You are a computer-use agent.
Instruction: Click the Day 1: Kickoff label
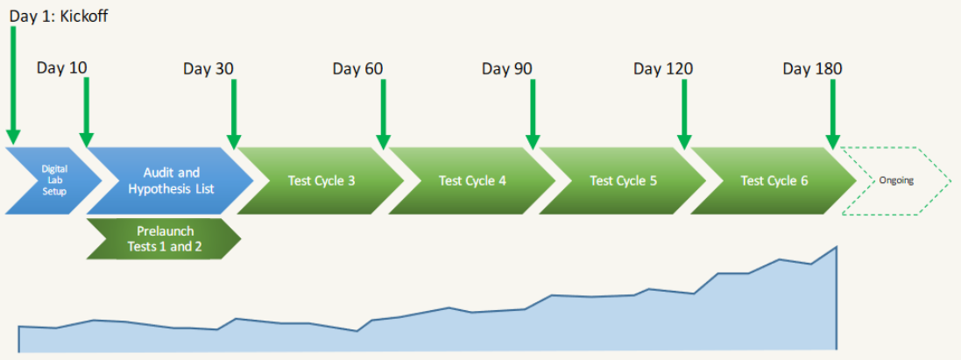[x=59, y=16]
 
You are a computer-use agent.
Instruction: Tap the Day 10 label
[x=62, y=67]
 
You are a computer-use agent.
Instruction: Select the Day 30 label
[x=208, y=67]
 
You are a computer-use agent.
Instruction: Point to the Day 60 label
[x=358, y=67]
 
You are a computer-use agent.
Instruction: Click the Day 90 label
[x=507, y=67]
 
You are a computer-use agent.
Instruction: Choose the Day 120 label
[x=663, y=67]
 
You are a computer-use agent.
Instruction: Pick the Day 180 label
[x=813, y=67]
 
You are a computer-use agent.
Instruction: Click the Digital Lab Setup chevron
[x=54, y=180]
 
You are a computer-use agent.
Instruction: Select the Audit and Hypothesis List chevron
[x=170, y=180]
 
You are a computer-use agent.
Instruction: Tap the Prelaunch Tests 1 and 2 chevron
[x=164, y=238]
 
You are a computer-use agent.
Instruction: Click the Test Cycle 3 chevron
[x=321, y=180]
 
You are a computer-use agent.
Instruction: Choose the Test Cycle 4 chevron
[x=472, y=180]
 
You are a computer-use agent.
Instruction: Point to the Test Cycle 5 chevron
[x=623, y=180]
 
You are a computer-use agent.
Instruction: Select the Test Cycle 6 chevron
[x=774, y=180]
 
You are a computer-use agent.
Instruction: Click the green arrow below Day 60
[x=384, y=114]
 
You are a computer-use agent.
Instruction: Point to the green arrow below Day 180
[x=832, y=114]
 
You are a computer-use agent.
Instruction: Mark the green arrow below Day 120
[x=684, y=114]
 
